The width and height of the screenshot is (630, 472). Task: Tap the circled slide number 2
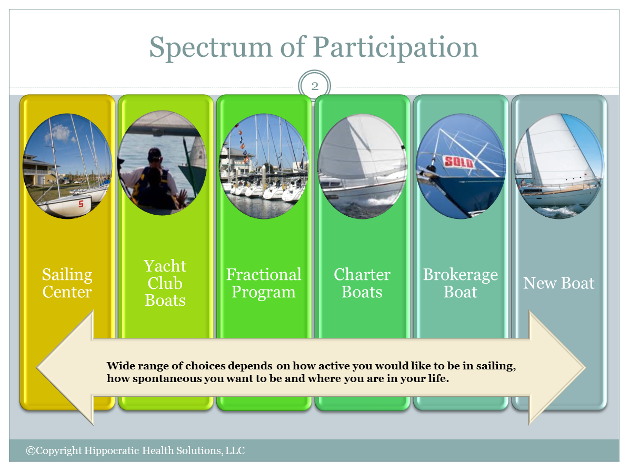315,86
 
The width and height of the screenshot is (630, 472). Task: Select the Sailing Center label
67,283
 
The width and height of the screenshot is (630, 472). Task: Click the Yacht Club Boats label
165,283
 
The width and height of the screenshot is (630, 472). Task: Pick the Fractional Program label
264,283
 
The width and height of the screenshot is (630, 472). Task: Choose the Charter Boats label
362,283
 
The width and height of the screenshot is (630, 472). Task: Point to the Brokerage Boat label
461,283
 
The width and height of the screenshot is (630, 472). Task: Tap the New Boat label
558,283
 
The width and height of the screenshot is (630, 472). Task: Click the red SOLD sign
459,162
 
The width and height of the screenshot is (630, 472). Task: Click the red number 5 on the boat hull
81,204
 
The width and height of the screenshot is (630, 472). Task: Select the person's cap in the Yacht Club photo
155,154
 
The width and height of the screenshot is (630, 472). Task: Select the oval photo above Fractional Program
264,166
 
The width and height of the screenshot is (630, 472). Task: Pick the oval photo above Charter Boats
362,166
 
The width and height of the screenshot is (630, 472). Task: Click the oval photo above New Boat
559,166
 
